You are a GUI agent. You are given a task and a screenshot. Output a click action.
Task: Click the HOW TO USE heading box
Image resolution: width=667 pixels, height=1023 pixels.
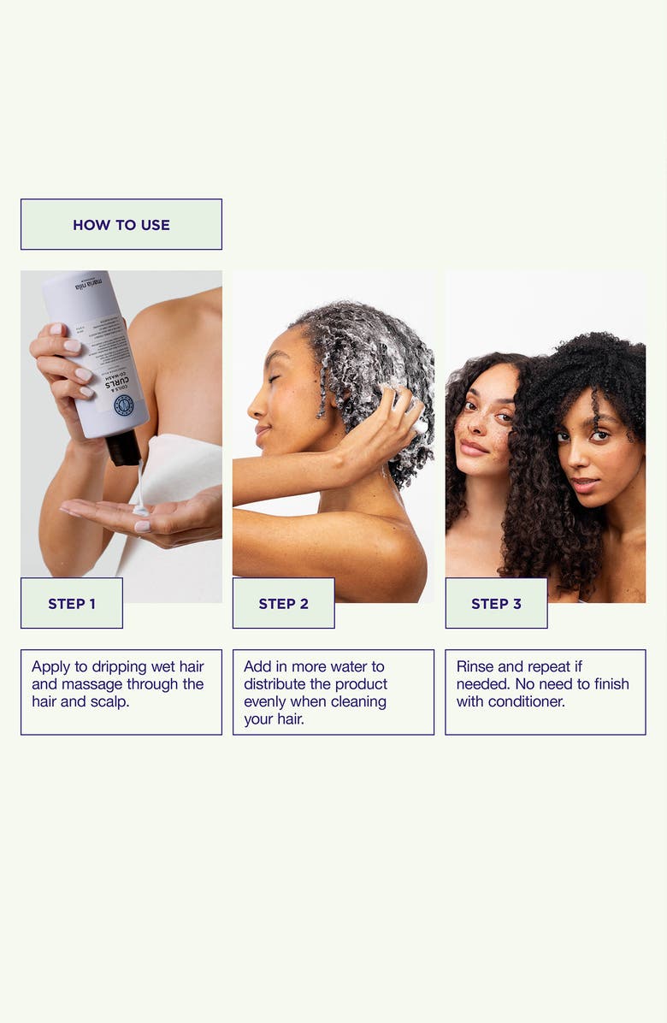pyautogui.click(x=121, y=225)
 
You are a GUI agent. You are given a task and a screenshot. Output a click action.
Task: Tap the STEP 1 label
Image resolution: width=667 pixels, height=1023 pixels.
pyautogui.click(x=72, y=604)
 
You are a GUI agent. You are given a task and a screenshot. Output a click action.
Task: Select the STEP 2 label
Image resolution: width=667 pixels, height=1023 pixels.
pyautogui.click(x=283, y=604)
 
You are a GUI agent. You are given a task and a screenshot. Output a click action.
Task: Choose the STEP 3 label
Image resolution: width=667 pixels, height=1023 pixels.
pyautogui.click(x=496, y=604)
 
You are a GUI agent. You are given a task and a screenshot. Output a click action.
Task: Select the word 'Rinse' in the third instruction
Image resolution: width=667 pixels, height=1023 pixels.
pyautogui.click(x=475, y=666)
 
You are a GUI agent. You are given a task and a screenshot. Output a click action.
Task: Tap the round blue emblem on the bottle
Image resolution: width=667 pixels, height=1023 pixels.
pyautogui.click(x=124, y=405)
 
